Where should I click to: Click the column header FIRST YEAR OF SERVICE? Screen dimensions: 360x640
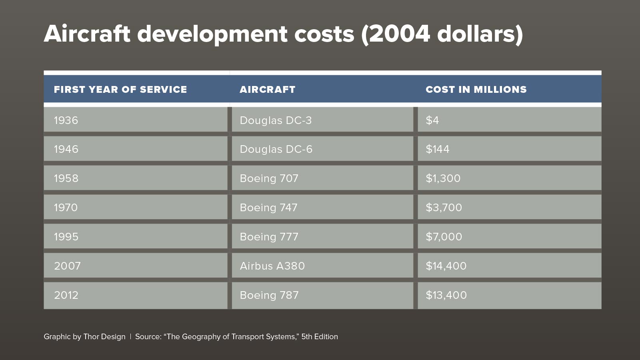point(120,90)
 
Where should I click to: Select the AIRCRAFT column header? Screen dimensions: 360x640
point(267,90)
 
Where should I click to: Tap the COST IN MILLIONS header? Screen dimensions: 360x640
point(476,90)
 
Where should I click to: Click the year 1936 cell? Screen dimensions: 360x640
point(66,120)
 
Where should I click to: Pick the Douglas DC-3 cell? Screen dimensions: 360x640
point(276,120)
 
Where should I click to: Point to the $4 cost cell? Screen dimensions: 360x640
point(432,120)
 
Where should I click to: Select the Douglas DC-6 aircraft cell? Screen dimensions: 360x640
point(276,149)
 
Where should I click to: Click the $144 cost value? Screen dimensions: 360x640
point(438,149)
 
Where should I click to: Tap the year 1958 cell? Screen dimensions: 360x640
point(66,178)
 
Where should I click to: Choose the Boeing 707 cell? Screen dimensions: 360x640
point(269,178)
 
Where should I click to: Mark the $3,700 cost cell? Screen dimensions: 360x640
point(444,208)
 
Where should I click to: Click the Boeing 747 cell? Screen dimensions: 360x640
point(269,208)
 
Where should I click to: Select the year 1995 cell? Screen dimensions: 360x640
point(66,237)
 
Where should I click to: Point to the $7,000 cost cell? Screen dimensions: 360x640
point(444,237)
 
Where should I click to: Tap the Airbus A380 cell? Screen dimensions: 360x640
point(272,266)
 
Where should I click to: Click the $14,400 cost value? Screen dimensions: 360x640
point(446,266)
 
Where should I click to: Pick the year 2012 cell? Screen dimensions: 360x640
point(66,295)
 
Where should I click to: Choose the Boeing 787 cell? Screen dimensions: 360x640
point(269,295)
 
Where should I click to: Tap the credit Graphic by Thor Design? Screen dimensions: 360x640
point(84,337)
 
